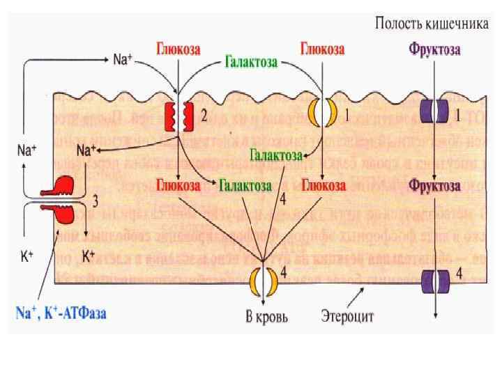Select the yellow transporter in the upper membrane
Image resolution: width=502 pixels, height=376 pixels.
point(323,113)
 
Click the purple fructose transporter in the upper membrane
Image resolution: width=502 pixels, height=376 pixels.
point(432,113)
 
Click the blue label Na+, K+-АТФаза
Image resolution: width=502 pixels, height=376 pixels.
point(61,314)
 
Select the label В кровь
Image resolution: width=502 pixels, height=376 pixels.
point(267,318)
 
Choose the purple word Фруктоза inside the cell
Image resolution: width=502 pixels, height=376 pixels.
point(434,186)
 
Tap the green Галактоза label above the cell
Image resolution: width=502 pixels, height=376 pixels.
point(252,63)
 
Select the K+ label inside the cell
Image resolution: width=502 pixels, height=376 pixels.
point(89,256)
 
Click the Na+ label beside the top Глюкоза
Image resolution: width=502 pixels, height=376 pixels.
point(123,59)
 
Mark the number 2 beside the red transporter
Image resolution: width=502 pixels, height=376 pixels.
point(204,117)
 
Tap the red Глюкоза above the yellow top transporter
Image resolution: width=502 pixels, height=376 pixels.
point(323,50)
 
